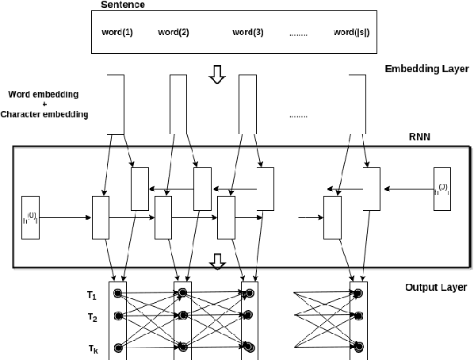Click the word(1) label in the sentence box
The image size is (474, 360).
(117, 33)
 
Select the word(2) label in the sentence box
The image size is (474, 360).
(174, 33)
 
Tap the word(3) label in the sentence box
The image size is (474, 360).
(247, 33)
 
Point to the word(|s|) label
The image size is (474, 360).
(352, 33)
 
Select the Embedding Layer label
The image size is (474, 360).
(426, 69)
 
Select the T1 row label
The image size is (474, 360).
(93, 295)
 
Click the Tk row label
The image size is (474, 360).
(93, 347)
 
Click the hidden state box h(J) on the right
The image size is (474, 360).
(442, 189)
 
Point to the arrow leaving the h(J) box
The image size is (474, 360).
(409, 189)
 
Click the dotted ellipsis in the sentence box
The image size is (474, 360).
(300, 33)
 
